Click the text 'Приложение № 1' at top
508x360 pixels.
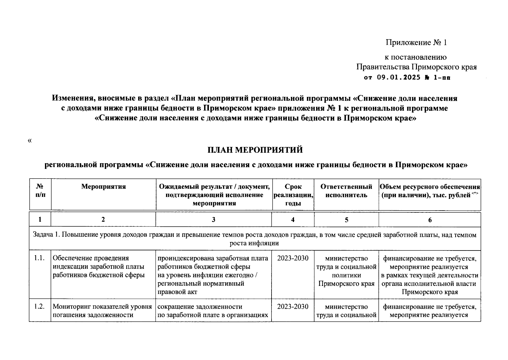click(416, 43)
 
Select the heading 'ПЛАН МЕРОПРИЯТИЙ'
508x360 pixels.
click(255, 150)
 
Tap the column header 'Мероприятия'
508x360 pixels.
click(103, 187)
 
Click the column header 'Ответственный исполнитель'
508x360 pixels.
click(346, 191)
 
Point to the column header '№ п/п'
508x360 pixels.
click(40, 191)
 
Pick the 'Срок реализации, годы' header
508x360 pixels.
click(293, 195)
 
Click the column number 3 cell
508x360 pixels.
click(213, 220)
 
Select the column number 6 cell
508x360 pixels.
click(429, 220)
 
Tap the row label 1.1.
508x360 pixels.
click(40, 258)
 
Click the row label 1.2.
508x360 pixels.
click(40, 307)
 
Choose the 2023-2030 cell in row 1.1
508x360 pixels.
click(293, 258)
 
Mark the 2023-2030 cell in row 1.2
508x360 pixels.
click(293, 307)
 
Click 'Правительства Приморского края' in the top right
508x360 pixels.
click(416, 67)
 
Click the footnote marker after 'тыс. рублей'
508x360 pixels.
click(474, 193)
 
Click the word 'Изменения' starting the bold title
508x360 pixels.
click(72, 98)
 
